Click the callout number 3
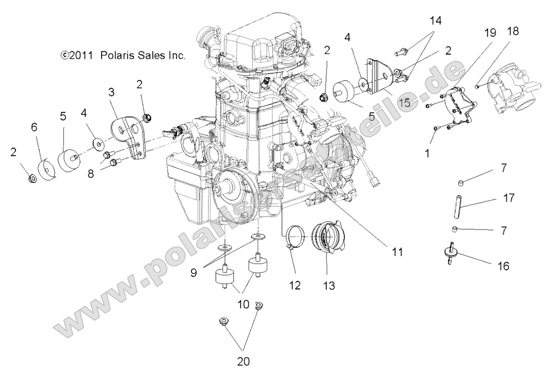pos(111,92)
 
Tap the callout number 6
pos(34,127)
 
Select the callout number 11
pos(397,252)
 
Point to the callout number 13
pos(329,285)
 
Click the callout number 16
pos(503,267)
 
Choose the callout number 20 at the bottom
pos(243,361)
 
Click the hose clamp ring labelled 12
pos(295,233)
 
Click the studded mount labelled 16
pos(451,251)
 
